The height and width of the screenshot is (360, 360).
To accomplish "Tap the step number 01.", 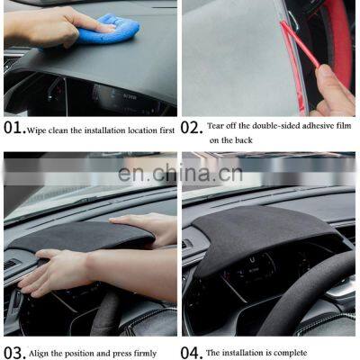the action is pyautogui.click(x=14, y=128).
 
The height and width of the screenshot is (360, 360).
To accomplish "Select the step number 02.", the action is pyautogui.click(x=190, y=128).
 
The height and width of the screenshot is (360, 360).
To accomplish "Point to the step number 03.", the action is pyautogui.click(x=13, y=353).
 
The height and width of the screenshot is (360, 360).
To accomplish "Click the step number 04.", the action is pyautogui.click(x=190, y=353).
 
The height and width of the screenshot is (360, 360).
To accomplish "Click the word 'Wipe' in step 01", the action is pyautogui.click(x=37, y=130).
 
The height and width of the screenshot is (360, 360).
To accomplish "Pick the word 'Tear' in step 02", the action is pyautogui.click(x=215, y=126).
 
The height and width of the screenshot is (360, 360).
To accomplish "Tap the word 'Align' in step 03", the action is pyautogui.click(x=39, y=354).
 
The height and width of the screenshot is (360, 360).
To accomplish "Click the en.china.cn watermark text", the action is pyautogui.click(x=180, y=174).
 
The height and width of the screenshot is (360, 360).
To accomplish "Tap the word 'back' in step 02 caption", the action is pyautogui.click(x=243, y=140).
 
